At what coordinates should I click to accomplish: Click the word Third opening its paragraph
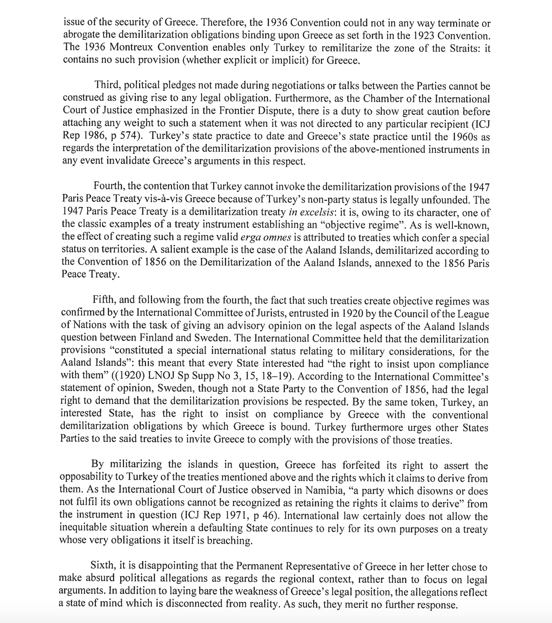[x=107, y=85]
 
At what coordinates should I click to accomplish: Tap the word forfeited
[x=362, y=465]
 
